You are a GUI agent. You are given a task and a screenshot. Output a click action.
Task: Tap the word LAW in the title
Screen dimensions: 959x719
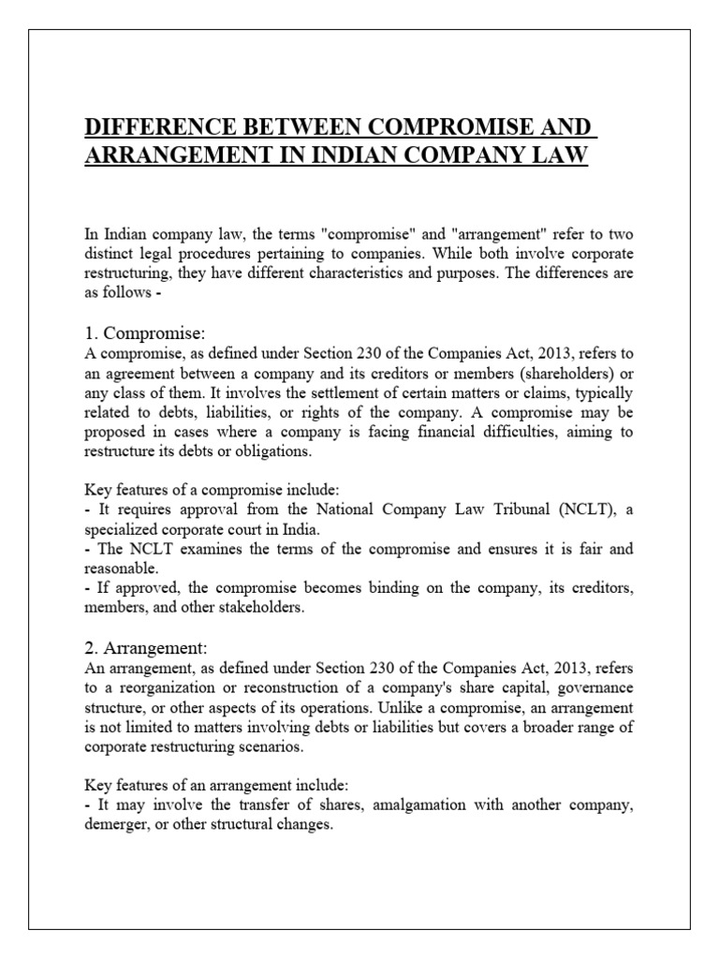(x=559, y=155)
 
